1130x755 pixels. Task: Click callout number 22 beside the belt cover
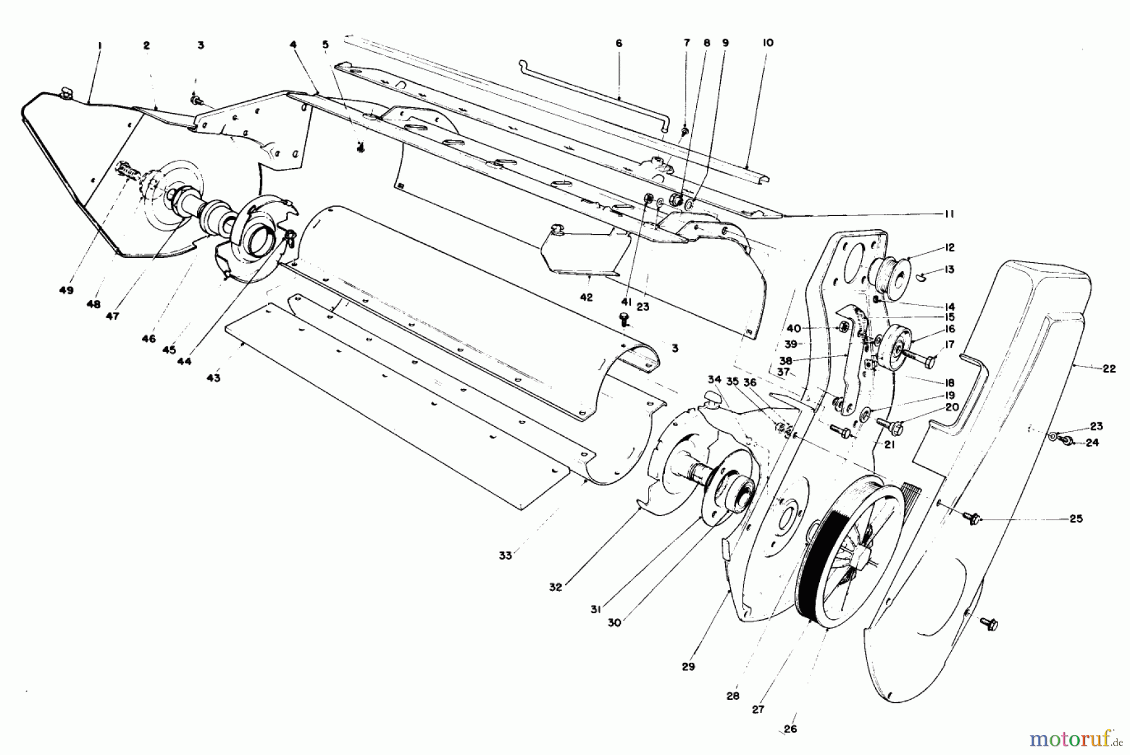[x=1109, y=369]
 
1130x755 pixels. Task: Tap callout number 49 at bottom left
[x=66, y=291]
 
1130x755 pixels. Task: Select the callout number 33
[x=505, y=555]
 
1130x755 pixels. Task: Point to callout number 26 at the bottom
[x=790, y=729]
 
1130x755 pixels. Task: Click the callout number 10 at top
[x=768, y=43]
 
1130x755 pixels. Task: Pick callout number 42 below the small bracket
[x=586, y=297]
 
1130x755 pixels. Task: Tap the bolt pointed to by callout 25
[x=974, y=518]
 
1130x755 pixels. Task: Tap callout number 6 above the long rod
[x=618, y=43]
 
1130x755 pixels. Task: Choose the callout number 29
[x=688, y=667]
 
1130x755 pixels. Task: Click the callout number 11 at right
[x=949, y=214]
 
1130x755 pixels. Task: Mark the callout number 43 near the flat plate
[x=213, y=378]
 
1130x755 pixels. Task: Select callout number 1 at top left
[x=100, y=45]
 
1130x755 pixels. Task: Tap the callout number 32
[x=555, y=587]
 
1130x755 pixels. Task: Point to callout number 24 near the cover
[x=1092, y=442]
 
